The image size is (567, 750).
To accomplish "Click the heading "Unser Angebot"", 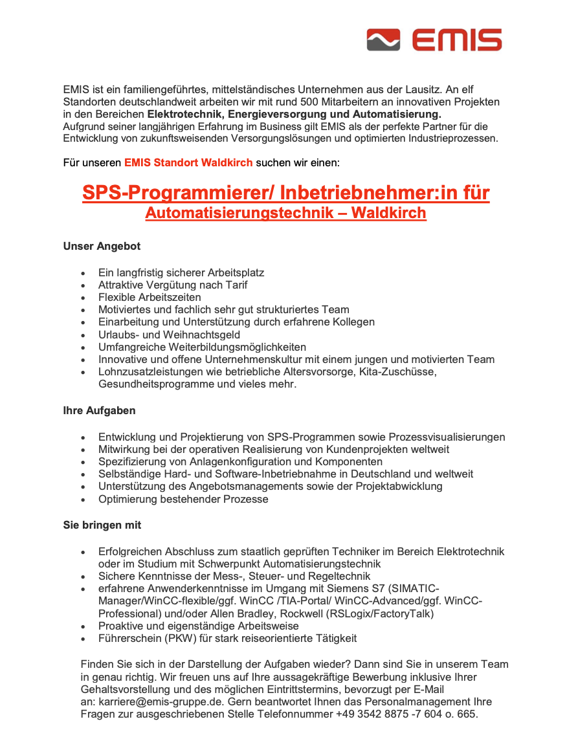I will point(102,247).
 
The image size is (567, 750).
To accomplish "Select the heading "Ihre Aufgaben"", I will point(99,411).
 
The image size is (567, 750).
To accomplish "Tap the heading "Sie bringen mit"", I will point(102,525).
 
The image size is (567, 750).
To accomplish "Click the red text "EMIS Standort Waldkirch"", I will point(188,162).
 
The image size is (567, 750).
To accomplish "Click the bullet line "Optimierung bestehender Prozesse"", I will point(183,499).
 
